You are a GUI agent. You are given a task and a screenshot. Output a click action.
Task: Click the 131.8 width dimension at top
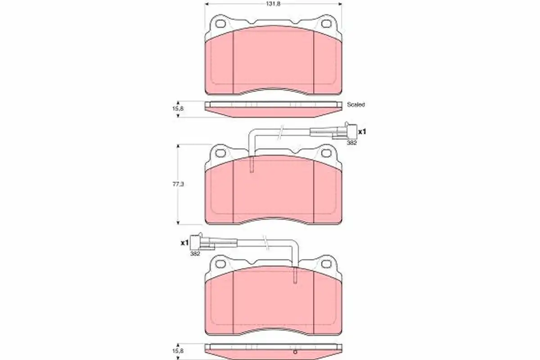[274, 4]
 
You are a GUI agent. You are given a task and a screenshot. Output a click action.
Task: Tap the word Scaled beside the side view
[356, 105]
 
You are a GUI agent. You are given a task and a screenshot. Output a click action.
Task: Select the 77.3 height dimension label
[178, 184]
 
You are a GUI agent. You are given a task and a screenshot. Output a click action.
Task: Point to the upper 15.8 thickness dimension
[178, 109]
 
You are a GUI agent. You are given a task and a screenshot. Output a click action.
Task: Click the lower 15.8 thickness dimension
[178, 351]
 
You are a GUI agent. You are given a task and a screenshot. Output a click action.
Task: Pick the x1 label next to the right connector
[362, 132]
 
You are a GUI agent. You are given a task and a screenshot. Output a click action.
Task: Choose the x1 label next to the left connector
[184, 243]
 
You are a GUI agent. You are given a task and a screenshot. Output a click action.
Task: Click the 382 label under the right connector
[352, 143]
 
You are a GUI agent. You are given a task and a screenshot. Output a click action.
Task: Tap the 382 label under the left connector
[195, 254]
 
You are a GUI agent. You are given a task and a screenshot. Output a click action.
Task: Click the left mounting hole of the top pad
[220, 24]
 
